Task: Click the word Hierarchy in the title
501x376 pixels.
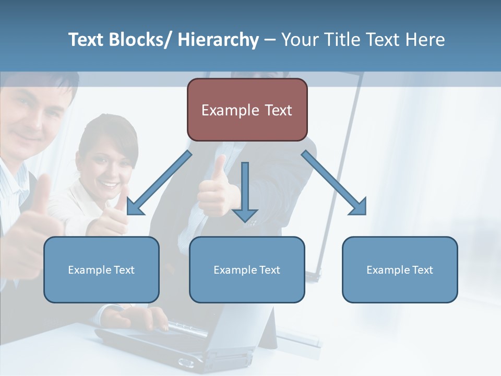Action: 218,40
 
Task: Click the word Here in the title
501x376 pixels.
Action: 425,40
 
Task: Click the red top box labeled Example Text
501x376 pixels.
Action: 247,110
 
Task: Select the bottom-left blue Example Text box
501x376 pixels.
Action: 101,269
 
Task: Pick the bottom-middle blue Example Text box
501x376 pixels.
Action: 247,269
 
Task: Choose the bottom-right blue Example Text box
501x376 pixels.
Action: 400,269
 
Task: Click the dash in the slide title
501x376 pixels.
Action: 270,40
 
